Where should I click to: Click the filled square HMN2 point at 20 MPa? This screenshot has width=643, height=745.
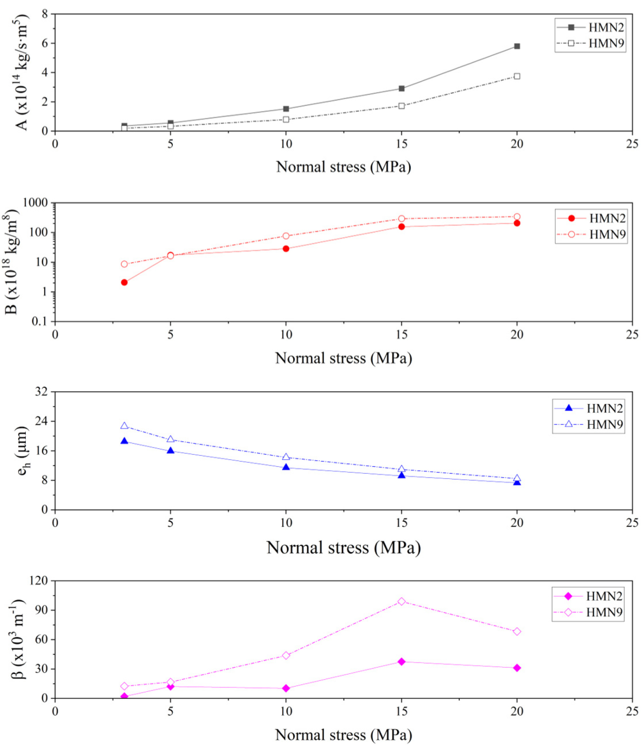click(x=517, y=46)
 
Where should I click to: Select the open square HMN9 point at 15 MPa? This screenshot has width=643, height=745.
click(x=401, y=106)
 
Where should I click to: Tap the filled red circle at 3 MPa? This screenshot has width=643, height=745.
click(x=124, y=283)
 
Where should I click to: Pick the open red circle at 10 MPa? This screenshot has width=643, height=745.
click(x=286, y=236)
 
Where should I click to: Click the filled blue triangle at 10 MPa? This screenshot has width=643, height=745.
click(x=286, y=467)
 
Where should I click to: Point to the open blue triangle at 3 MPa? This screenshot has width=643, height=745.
click(x=124, y=426)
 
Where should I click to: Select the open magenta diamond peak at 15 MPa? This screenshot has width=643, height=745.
click(x=401, y=601)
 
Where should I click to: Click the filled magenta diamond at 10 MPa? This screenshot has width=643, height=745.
click(x=286, y=688)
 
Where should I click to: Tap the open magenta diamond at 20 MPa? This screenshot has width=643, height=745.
click(x=517, y=632)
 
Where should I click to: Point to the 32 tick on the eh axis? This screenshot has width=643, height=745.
click(x=41, y=392)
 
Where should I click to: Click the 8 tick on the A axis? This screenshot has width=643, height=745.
click(x=44, y=14)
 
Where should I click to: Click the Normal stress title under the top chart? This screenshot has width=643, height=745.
click(x=343, y=167)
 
